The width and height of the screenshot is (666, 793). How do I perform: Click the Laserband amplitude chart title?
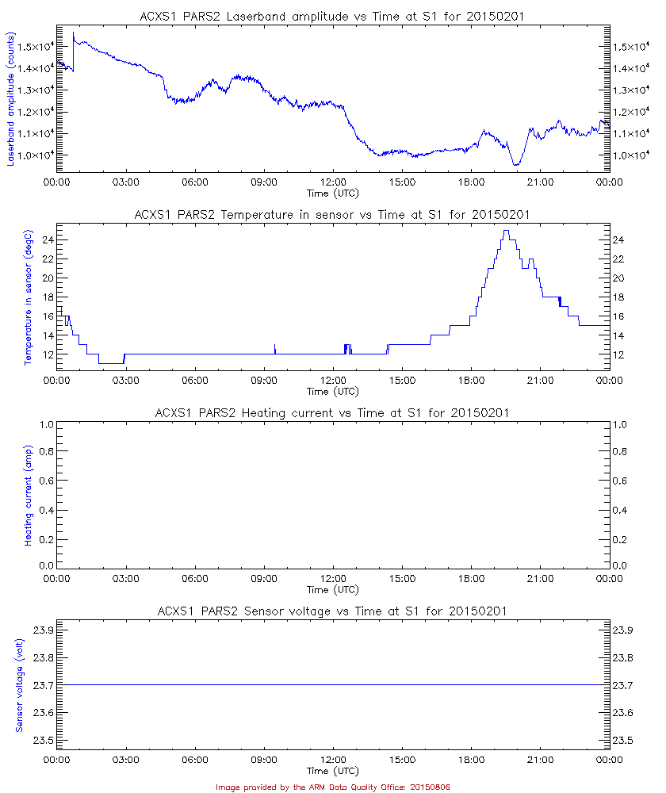tap(332, 15)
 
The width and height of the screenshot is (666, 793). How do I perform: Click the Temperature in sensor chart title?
tap(332, 214)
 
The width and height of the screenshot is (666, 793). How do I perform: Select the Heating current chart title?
tap(332, 412)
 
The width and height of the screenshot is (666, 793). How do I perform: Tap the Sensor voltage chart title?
tap(332, 611)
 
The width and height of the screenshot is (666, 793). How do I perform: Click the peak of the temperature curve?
tap(505, 231)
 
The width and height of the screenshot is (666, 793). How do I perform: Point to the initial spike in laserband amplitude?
tap(73, 33)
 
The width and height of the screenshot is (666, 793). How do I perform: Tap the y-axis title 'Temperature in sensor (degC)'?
tap(28, 296)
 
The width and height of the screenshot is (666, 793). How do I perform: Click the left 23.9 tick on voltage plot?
tap(42, 630)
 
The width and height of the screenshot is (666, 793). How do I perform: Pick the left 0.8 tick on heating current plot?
tap(45, 452)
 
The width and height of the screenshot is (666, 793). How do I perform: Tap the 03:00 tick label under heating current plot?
tap(125, 579)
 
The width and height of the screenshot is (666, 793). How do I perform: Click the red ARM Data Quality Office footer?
tap(333, 787)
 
